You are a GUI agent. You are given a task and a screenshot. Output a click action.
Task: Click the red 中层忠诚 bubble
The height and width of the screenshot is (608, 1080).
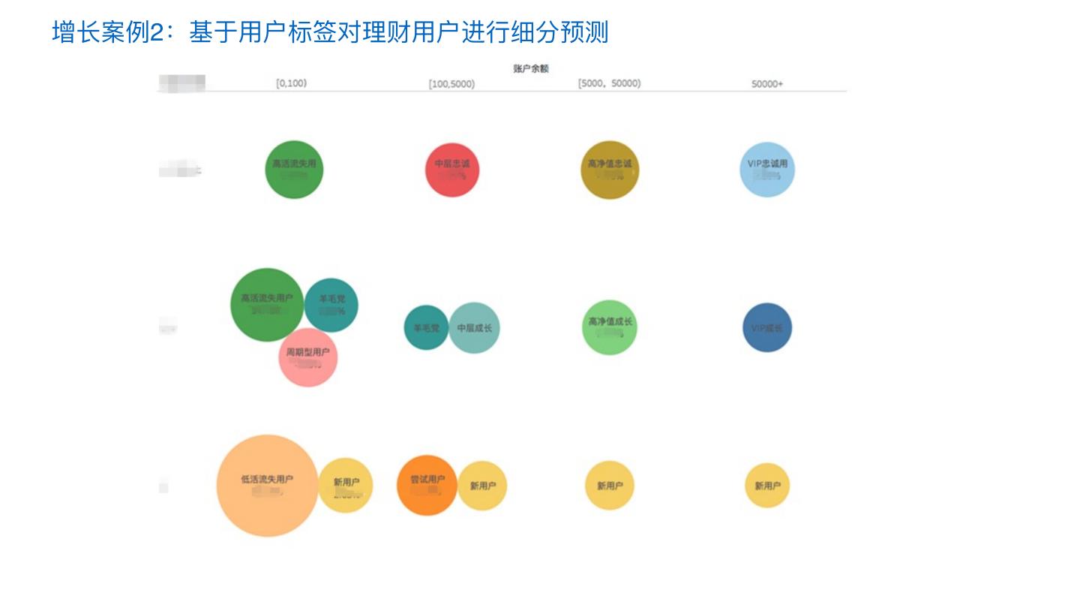(x=452, y=170)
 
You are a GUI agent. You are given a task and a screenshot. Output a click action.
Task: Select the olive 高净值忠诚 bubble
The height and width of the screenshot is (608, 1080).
(x=610, y=170)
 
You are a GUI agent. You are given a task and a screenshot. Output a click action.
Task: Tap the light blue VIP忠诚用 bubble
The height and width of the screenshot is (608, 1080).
(x=766, y=169)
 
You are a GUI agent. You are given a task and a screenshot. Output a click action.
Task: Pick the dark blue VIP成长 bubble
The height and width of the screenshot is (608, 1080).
(x=767, y=328)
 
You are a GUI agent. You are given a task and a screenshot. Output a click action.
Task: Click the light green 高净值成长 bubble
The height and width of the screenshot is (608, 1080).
(x=610, y=327)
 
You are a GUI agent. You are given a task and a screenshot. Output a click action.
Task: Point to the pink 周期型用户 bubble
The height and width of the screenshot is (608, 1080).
(x=308, y=358)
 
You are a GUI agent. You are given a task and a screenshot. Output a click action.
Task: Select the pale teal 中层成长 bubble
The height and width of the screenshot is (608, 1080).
(x=475, y=328)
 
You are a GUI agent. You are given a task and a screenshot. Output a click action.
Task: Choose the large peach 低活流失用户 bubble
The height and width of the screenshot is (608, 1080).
(x=267, y=486)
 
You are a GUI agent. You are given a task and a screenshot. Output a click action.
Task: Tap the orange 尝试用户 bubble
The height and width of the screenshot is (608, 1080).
(x=427, y=486)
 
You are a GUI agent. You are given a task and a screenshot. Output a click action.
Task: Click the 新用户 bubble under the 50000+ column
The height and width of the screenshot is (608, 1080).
(x=767, y=486)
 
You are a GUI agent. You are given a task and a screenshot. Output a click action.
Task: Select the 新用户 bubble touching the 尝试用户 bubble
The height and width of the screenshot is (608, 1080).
(x=483, y=486)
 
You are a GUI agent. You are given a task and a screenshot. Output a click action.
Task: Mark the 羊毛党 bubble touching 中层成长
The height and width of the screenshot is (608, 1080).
(x=426, y=327)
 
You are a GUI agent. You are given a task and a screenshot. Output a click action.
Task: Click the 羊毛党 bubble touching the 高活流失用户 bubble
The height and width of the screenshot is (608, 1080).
(x=331, y=305)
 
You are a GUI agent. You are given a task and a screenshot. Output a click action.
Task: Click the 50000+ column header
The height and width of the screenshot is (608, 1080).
(x=766, y=84)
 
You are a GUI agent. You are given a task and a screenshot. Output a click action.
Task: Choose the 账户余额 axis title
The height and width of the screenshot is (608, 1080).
(x=531, y=68)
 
